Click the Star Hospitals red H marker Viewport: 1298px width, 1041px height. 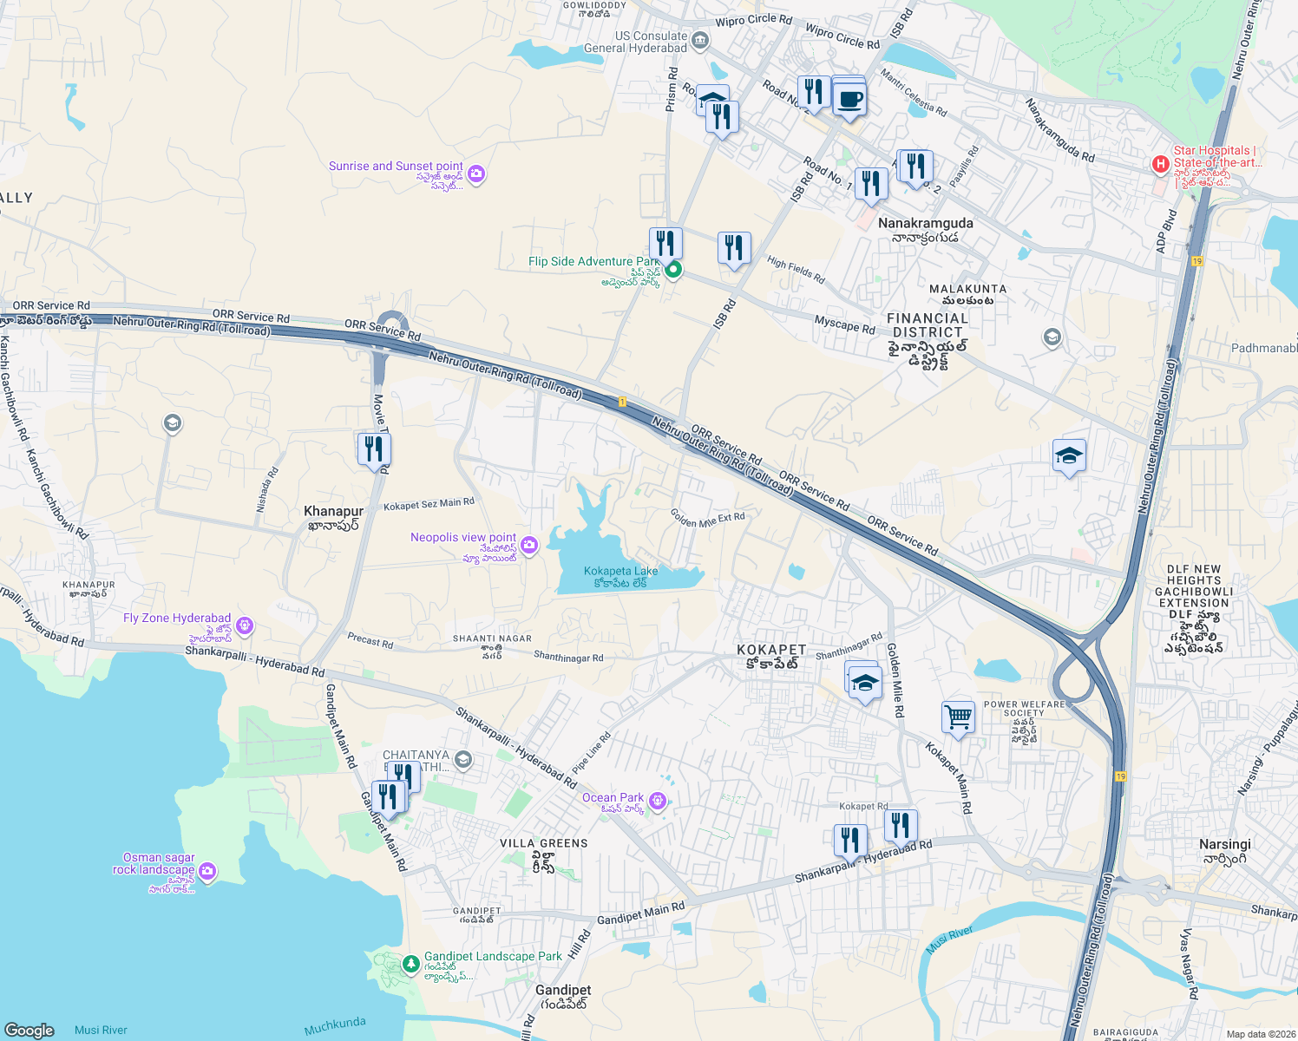[1160, 164]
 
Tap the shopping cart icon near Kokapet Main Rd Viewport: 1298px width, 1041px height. [958, 717]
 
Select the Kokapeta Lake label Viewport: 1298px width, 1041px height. [621, 572]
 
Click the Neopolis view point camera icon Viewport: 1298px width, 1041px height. [529, 545]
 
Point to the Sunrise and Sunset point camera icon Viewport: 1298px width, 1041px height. [475, 173]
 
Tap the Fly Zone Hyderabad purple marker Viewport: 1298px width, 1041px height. [245, 625]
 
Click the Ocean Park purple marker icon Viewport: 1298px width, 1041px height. [658, 800]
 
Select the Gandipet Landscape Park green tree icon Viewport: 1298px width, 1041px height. [411, 963]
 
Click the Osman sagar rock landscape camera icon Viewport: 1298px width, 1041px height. [207, 870]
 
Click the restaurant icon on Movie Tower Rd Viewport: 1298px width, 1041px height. [374, 449]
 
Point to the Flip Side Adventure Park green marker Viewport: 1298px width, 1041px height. [673, 269]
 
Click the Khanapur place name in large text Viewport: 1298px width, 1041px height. [333, 512]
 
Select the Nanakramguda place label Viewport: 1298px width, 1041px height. [925, 223]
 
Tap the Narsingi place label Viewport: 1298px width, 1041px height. [1224, 844]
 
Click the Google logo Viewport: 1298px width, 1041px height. [29, 1030]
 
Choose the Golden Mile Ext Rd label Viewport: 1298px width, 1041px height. [707, 519]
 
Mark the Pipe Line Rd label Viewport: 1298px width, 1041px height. [592, 753]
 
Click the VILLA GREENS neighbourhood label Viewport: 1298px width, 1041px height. [544, 843]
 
